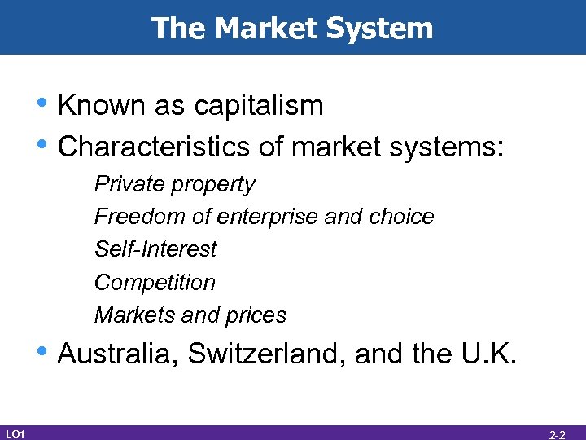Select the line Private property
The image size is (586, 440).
point(174,184)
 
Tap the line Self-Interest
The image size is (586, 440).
point(155,249)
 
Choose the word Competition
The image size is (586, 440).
point(155,283)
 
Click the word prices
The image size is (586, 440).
point(257,315)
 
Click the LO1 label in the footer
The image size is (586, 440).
point(15,433)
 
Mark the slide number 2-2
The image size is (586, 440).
point(558,434)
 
